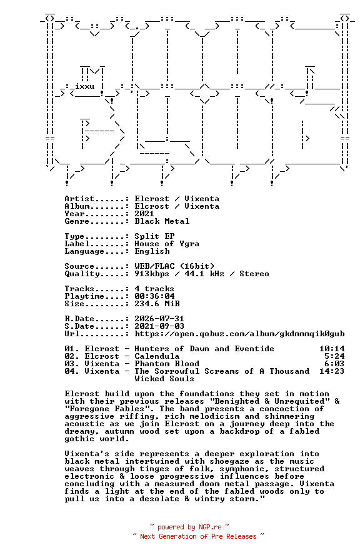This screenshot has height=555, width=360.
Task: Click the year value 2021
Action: point(144,214)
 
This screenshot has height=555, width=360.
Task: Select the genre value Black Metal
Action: point(162,221)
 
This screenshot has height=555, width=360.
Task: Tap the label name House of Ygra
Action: point(167,244)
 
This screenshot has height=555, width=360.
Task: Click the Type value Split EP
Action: point(154,236)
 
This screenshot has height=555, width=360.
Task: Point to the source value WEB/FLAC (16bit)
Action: point(174,266)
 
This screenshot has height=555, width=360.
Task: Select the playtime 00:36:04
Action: point(154,296)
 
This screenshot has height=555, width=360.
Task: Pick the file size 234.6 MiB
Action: point(157,304)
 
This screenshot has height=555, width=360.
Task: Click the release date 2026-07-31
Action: point(159,319)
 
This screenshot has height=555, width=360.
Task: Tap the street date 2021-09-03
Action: point(159,326)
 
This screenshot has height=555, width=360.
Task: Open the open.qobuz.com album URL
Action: point(239,334)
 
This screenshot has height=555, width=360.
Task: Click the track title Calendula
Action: point(157,356)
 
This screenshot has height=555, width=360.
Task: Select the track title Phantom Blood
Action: point(167,364)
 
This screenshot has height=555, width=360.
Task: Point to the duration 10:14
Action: point(332,349)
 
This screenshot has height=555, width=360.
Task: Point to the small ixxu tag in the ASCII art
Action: point(84,86)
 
